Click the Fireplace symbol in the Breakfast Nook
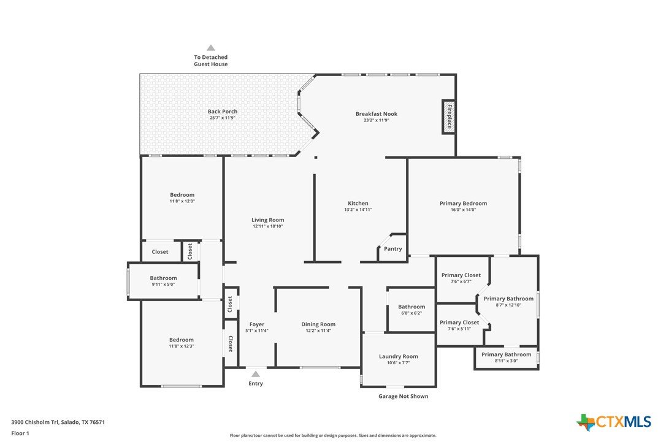point(448,117)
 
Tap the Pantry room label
point(393,249)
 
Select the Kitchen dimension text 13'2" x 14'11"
point(358,210)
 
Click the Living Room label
point(267,220)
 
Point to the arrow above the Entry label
point(255,374)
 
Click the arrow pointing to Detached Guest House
point(211,48)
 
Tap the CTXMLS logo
point(613,422)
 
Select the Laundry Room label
point(399,356)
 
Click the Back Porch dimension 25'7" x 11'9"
point(223,118)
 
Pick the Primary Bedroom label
point(464,203)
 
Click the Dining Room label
point(318,324)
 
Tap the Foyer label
point(257,324)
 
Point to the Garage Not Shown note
point(404,396)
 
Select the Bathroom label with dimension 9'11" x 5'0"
point(164,278)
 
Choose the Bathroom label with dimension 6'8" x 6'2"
point(411,307)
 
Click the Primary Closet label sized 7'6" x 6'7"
point(461,275)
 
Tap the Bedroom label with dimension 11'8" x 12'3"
point(182,340)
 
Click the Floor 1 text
point(20,434)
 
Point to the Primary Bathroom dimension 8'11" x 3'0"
point(507,361)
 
